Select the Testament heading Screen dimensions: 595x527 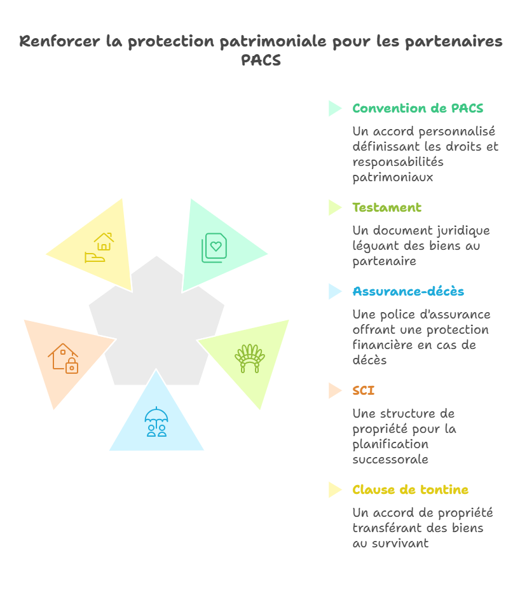[387, 208]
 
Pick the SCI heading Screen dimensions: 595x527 [364, 390]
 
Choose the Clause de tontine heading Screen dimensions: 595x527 [410, 490]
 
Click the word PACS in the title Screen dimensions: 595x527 [261, 61]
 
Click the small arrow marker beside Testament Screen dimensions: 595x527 [335, 208]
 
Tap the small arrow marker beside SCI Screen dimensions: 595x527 [335, 390]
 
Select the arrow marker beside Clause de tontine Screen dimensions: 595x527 [335, 490]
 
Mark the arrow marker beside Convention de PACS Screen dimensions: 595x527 [335, 108]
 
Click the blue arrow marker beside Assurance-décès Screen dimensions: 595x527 [335, 292]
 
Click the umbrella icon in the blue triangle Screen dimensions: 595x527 [156, 421]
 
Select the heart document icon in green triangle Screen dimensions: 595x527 [214, 247]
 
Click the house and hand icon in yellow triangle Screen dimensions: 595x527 [100, 247]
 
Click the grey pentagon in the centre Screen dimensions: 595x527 [156, 324]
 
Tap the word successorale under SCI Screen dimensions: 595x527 [390, 460]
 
